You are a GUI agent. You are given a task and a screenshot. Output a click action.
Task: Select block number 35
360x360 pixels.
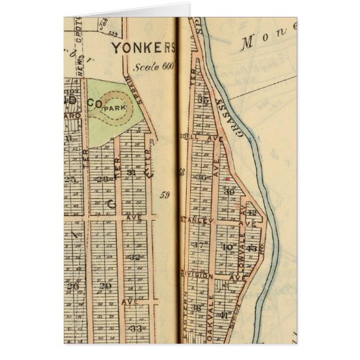[202, 101]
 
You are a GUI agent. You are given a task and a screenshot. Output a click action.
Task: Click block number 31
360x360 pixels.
[132, 172]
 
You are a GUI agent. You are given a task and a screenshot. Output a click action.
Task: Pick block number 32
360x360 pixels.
[134, 257]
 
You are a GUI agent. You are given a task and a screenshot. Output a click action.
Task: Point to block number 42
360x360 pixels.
[252, 213]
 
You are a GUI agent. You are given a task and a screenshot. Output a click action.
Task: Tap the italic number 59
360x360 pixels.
[164, 197]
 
